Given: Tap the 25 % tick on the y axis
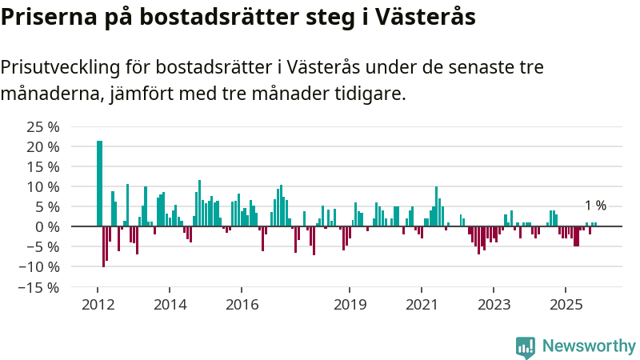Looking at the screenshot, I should [x=43, y=127].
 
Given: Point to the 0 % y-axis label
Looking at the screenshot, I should [x=49, y=226].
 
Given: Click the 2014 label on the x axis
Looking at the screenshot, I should [x=170, y=304].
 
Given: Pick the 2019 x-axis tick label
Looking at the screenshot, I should [x=349, y=304].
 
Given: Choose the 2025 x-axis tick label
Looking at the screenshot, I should [x=565, y=304].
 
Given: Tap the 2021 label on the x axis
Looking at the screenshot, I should [x=421, y=304].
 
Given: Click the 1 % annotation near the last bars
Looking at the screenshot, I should [x=595, y=206].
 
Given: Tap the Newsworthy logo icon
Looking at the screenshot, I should [x=526, y=346].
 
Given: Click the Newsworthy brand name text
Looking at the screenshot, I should [x=589, y=346].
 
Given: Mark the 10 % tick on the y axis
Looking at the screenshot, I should [x=43, y=186].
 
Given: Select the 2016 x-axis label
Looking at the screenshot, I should [x=242, y=304].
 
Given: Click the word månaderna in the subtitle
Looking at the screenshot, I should [x=51, y=94].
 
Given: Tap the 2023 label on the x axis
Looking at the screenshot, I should [x=493, y=304].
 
